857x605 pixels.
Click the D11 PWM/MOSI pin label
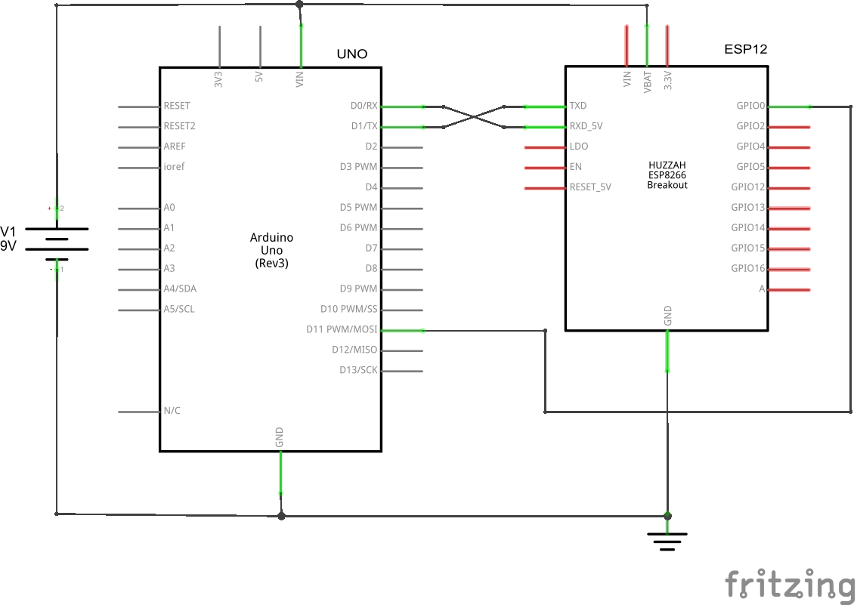click(342, 329)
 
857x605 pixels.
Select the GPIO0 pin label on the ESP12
click(750, 106)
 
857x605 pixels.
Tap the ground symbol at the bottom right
click(667, 541)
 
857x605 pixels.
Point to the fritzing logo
click(790, 585)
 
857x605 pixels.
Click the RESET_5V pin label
click(590, 187)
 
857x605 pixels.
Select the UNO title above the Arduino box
click(351, 54)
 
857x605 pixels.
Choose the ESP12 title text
click(745, 49)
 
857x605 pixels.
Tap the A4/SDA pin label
click(180, 289)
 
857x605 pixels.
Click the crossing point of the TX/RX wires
click(474, 116)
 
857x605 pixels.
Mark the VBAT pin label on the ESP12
click(647, 79)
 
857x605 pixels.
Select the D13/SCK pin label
click(358, 370)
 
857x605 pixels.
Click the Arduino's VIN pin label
click(300, 79)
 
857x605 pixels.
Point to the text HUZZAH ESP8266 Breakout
click(667, 174)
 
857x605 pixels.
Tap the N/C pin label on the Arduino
click(172, 411)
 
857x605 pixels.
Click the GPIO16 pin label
click(748, 268)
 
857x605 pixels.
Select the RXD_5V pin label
click(586, 126)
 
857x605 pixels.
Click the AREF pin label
click(175, 146)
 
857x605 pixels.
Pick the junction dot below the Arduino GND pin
click(281, 516)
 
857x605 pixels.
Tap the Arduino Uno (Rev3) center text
click(271, 250)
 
